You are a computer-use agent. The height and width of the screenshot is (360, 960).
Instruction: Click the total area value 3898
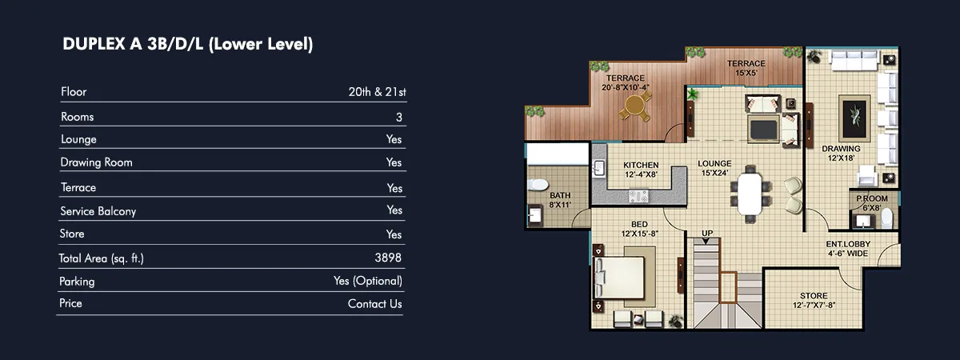388,258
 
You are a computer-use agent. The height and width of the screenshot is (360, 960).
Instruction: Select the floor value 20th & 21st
377,92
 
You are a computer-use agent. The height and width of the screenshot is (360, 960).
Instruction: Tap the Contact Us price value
374,304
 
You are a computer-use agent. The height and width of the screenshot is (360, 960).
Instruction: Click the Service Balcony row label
98,211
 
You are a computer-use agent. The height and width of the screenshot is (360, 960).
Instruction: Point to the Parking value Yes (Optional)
368,281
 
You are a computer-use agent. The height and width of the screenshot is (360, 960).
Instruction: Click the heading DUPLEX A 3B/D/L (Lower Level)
188,44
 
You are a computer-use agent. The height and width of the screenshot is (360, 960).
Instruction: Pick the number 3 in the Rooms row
399,117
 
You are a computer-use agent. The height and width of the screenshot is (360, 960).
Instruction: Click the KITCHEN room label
641,165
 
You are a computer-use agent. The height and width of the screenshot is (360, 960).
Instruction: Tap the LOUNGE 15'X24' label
714,168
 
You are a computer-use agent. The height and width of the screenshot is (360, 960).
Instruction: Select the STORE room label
814,296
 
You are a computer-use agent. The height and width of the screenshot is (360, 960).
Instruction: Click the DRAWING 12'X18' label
841,153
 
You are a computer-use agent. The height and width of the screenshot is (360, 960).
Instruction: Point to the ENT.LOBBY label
848,244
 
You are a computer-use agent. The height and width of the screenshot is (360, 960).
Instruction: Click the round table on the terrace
634,105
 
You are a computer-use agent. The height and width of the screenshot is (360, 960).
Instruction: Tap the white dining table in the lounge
750,194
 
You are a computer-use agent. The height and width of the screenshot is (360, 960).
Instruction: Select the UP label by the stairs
707,233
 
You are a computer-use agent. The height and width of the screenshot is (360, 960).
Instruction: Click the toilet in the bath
538,184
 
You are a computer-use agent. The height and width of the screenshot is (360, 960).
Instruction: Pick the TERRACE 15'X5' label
746,68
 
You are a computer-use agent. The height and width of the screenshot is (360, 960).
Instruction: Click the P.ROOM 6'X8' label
872,203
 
